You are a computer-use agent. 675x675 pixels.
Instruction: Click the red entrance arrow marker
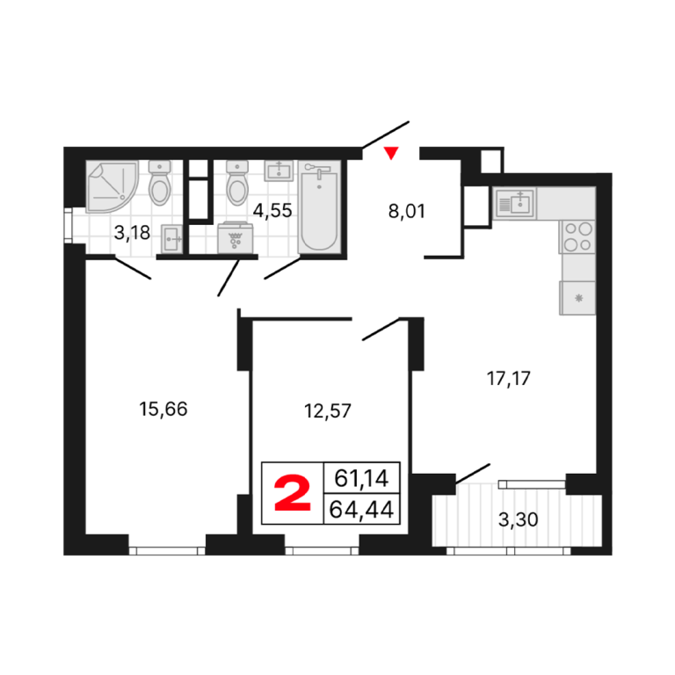[x=391, y=153]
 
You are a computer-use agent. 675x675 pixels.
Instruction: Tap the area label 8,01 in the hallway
[x=406, y=211]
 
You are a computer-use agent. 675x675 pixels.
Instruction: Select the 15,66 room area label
[x=163, y=409]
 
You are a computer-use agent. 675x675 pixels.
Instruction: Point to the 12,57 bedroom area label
[x=328, y=411]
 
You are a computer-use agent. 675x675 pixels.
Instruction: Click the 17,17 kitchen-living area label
[x=508, y=379]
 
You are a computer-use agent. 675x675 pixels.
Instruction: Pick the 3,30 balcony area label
[x=518, y=519]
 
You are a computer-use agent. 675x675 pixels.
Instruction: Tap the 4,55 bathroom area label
[x=272, y=211]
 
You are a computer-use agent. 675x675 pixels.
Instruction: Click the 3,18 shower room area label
[x=132, y=233]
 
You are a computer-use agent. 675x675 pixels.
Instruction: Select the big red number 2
[x=293, y=493]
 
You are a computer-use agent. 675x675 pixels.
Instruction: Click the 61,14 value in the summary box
[x=361, y=478]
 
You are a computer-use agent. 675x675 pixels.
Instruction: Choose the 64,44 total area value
[x=361, y=510]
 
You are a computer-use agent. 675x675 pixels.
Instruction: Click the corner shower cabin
[x=112, y=186]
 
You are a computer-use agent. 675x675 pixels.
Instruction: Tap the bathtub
[x=319, y=207]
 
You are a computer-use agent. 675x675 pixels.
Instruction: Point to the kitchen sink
[x=515, y=204]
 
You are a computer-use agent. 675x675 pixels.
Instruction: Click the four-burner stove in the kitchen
[x=577, y=236]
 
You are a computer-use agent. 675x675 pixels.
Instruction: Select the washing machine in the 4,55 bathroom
[x=235, y=237]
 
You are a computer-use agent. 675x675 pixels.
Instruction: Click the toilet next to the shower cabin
[x=159, y=183]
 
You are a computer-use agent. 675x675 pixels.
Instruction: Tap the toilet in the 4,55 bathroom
[x=237, y=183]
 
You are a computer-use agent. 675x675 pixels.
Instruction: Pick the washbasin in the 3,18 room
[x=171, y=238]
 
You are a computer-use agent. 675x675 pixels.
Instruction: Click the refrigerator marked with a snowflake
[x=577, y=298]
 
